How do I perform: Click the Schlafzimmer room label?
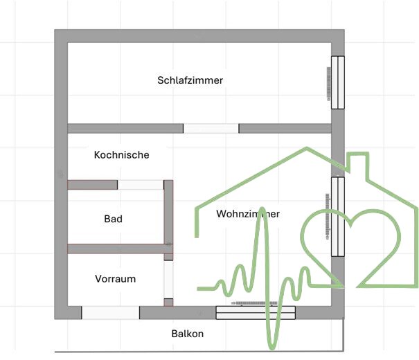tap(190, 80)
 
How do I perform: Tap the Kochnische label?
tap(121, 155)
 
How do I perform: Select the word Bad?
tap(113, 219)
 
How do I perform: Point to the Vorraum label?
tap(115, 279)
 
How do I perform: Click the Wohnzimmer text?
tap(247, 214)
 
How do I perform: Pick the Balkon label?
tap(187, 334)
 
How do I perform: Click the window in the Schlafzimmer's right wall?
tap(337, 82)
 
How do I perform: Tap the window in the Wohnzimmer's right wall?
tap(337, 216)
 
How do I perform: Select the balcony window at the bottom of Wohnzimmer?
tap(256, 313)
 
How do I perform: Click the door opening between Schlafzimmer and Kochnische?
tap(211, 128)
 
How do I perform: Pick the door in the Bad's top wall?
tap(140, 185)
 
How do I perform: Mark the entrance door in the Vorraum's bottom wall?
tap(111, 313)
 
